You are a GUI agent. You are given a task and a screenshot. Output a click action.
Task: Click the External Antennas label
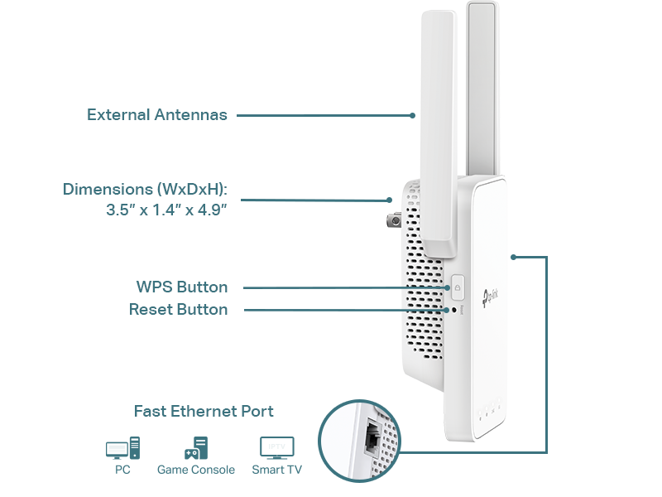click(156, 115)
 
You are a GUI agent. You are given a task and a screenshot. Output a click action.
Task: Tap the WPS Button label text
click(182, 287)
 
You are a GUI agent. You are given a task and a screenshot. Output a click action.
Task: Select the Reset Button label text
click(178, 309)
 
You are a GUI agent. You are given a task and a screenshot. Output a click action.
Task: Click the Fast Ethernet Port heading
click(204, 411)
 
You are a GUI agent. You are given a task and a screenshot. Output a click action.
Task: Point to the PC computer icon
click(122, 449)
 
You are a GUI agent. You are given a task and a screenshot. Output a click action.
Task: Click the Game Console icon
click(195, 448)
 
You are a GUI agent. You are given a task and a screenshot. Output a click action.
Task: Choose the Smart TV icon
click(277, 448)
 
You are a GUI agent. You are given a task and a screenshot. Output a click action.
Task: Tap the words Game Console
click(196, 470)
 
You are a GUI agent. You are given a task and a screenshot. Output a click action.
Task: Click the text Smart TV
click(277, 470)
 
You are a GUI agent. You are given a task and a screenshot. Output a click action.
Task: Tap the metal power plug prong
click(393, 220)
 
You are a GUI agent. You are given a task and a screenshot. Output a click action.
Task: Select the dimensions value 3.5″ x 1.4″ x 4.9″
click(166, 210)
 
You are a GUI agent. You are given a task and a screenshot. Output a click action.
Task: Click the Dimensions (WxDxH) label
click(145, 190)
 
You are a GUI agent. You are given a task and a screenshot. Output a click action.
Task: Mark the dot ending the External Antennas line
click(412, 115)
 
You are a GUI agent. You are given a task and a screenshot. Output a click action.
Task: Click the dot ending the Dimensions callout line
click(389, 200)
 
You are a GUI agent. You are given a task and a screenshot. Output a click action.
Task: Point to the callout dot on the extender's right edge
click(513, 257)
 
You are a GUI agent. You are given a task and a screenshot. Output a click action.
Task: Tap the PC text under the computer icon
click(122, 470)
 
